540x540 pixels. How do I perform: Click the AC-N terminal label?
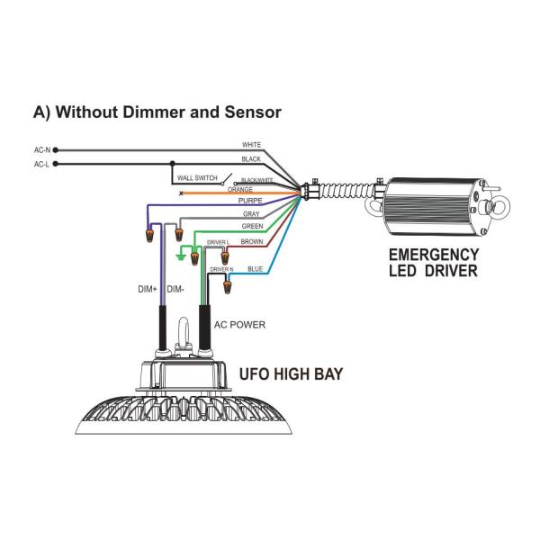coord(42,150)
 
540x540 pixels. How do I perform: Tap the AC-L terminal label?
coord(42,165)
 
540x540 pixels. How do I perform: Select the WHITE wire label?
coord(251,145)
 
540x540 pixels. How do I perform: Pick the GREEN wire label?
coord(253,227)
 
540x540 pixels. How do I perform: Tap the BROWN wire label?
coord(251,241)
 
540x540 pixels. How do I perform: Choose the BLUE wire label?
coord(255,267)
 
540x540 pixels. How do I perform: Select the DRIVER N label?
coord(221,269)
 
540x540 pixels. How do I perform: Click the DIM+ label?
coord(147,290)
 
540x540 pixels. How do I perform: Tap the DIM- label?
coord(176,290)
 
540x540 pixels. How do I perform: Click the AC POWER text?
coord(239,324)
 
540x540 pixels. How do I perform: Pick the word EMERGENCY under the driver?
coord(433,256)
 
